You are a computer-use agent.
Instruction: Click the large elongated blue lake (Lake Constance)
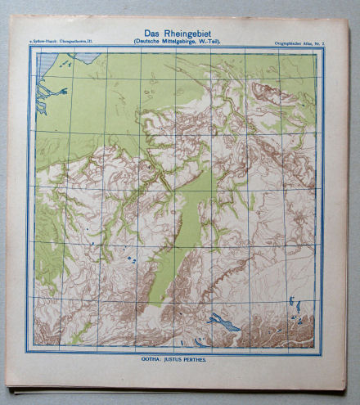pyautogui.click(x=224, y=322)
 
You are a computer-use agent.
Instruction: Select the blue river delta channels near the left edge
pyautogui.click(x=49, y=102)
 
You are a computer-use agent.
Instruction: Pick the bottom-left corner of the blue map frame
pyautogui.click(x=30, y=350)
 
